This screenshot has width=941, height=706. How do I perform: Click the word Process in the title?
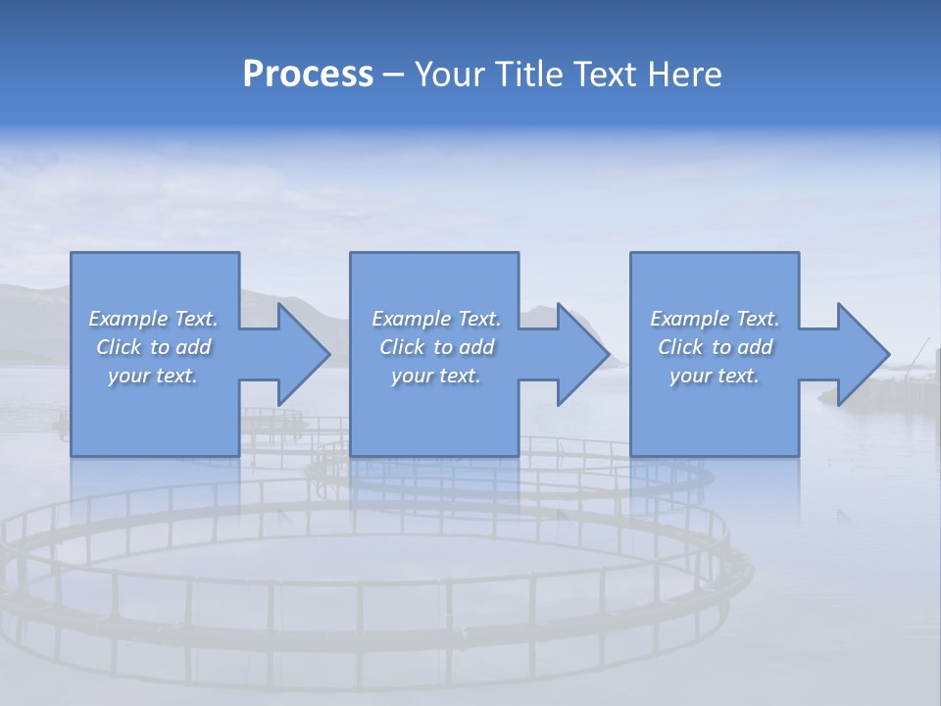pos(308,74)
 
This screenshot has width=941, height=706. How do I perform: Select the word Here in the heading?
pos(685,74)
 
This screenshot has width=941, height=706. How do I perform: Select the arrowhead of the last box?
pos(862,354)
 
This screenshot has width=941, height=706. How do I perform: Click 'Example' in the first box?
pos(127,319)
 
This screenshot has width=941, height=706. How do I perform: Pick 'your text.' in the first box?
pos(153,376)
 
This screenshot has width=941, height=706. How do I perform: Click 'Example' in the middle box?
pos(411,319)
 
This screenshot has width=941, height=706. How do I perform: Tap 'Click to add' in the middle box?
pos(436,347)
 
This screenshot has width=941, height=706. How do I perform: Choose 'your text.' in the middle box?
pos(436,376)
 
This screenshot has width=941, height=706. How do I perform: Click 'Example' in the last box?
pos(689,319)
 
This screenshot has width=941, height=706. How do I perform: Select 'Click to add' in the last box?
pos(715,347)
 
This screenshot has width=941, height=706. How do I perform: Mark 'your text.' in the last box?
pos(715,376)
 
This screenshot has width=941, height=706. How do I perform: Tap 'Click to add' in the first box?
pos(153,347)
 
